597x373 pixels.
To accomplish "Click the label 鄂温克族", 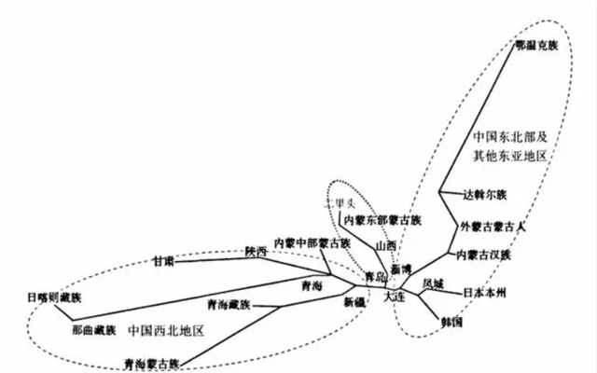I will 536,45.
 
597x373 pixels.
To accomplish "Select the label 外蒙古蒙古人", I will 494,226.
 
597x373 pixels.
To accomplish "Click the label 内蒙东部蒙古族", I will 382,220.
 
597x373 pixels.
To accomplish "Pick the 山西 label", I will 385,245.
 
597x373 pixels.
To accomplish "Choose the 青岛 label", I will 374,277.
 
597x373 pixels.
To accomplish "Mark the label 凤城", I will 433,283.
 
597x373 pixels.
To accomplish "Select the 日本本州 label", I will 485,292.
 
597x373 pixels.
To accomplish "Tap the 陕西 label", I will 256,252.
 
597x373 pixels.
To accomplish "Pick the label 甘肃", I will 163,263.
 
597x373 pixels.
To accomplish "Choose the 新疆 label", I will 354,302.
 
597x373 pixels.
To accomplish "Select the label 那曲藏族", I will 93,330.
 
